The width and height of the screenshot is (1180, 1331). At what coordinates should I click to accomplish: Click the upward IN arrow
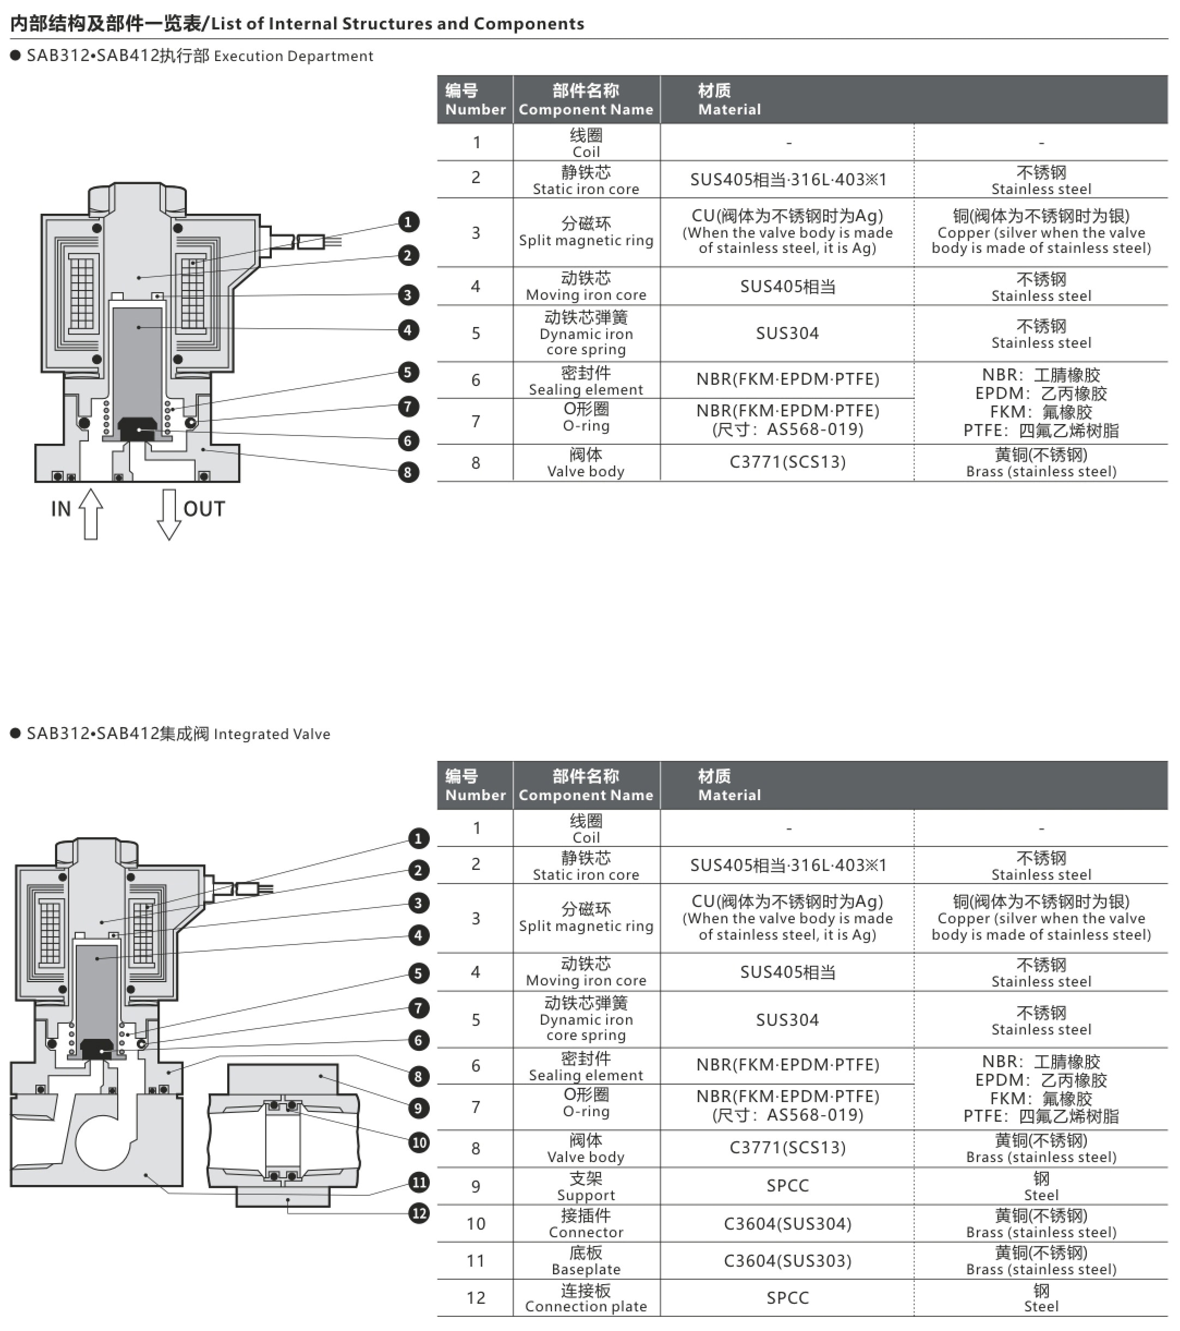[x=91, y=514]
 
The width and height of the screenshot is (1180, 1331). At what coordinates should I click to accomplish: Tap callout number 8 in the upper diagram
[x=408, y=471]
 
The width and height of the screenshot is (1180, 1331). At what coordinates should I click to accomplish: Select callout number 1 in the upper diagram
[x=408, y=222]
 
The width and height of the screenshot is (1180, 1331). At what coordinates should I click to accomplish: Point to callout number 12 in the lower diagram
[x=418, y=1213]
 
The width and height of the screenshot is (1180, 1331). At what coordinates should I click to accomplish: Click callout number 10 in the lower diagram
[x=418, y=1142]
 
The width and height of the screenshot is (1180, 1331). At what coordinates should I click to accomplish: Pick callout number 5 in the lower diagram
[x=418, y=973]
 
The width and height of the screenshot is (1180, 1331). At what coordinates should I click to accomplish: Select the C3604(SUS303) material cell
[x=788, y=1261]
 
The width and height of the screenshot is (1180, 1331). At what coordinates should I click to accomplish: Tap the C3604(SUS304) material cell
[x=788, y=1224]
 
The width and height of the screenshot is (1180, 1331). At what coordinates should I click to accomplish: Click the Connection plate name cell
[x=586, y=1298]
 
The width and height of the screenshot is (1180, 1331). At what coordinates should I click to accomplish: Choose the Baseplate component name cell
[x=586, y=1261]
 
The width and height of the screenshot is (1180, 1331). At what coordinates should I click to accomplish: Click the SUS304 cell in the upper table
[x=788, y=334]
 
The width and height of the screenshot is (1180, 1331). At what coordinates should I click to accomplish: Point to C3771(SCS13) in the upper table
[x=788, y=462]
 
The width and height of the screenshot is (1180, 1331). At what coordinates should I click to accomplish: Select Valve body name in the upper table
[x=586, y=462]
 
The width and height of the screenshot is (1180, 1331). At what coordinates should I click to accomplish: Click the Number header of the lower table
[x=475, y=785]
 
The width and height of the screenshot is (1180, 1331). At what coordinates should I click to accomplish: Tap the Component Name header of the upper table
[x=586, y=100]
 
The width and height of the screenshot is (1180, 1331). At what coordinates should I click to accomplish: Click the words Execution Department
[x=294, y=57]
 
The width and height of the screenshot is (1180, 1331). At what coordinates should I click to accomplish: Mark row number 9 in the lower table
[x=476, y=1187]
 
